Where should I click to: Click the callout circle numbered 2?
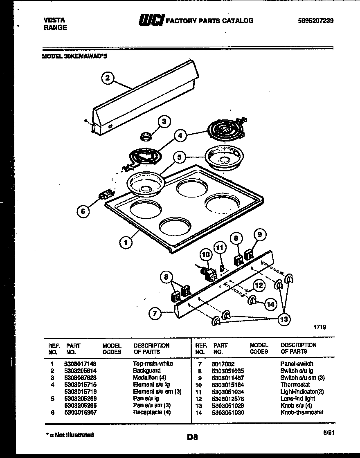[107, 78]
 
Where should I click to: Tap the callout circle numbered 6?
[83, 211]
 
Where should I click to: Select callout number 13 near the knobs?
[284, 319]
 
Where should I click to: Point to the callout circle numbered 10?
[206, 255]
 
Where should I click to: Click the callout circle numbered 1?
[126, 243]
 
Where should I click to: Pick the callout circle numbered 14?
[270, 304]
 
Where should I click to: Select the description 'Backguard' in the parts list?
[146, 370]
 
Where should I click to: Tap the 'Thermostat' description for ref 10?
[295, 385]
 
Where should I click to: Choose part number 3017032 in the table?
[223, 364]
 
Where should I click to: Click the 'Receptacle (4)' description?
[151, 412]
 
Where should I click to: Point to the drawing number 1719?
[319, 327]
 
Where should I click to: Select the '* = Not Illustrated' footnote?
[69, 435]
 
